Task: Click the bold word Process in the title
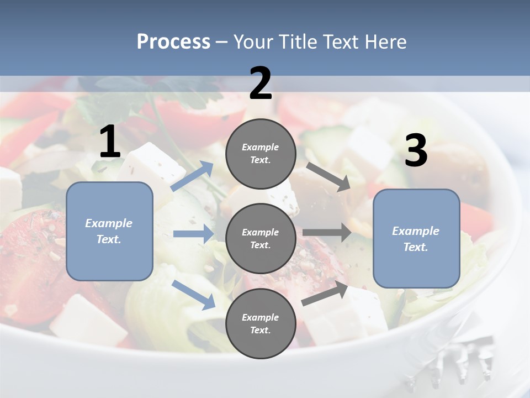pos(173,42)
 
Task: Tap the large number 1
pos(110,142)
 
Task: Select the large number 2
pos(261,84)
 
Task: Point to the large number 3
pos(416,151)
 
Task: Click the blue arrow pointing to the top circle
pos(193,176)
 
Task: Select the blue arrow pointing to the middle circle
pos(193,234)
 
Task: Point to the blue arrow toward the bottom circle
pos(194,294)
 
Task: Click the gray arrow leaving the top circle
pos(328,176)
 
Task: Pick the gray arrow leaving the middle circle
pos(327,232)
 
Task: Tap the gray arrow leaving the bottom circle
pos(325,294)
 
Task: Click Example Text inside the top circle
pos(261,154)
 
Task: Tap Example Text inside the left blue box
pos(109,231)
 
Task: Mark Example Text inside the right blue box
pos(416,239)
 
